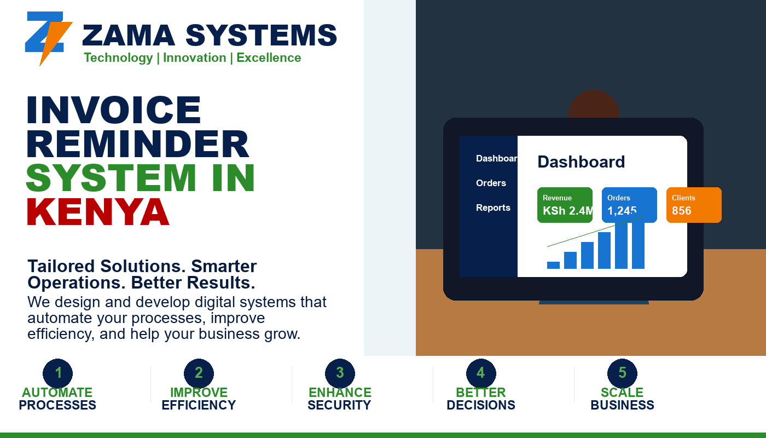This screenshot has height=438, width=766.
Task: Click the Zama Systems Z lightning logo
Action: (48, 38)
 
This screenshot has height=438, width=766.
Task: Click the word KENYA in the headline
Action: (98, 212)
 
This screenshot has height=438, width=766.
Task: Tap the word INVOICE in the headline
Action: (114, 109)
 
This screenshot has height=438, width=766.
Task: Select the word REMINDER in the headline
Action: (138, 143)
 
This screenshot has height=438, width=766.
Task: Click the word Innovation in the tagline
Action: (195, 58)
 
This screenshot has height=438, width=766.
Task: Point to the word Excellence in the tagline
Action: (269, 58)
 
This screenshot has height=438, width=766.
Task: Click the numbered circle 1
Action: (58, 373)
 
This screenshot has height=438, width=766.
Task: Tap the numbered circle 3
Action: (340, 373)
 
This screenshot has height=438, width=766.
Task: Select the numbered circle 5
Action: (623, 373)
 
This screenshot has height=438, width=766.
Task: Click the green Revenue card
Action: (565, 205)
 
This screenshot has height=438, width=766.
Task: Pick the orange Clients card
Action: (694, 205)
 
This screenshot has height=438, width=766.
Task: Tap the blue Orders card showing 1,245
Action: (629, 205)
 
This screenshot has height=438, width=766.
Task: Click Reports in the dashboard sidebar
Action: (493, 208)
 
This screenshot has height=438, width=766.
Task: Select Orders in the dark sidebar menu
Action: (491, 183)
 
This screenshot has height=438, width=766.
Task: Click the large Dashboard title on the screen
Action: (581, 162)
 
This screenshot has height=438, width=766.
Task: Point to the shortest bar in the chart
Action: (553, 265)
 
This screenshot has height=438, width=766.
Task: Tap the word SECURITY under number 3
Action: (339, 405)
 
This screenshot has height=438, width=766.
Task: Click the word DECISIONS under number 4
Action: (481, 405)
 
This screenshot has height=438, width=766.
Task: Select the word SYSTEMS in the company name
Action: (262, 35)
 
